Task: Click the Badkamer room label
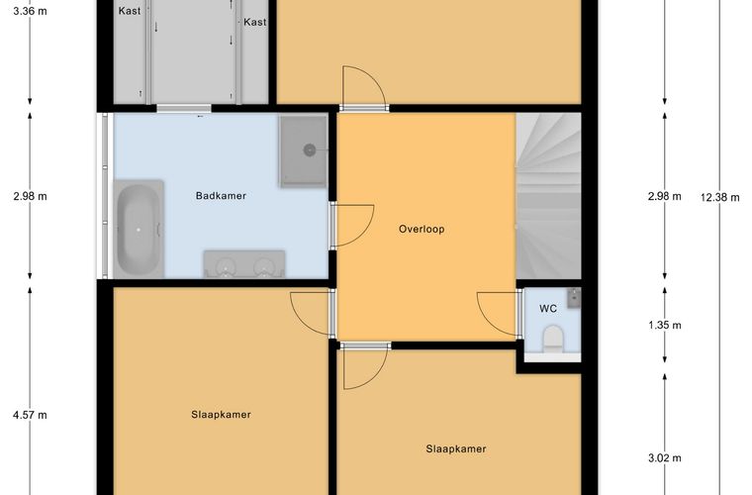(221, 196)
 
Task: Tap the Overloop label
(423, 230)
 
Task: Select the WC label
(548, 309)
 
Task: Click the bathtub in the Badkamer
(139, 230)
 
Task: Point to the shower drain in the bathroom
(310, 150)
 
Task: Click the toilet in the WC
(552, 339)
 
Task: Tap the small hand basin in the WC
(574, 297)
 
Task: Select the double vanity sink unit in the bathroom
(244, 264)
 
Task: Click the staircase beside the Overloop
(548, 196)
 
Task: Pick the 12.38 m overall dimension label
(720, 197)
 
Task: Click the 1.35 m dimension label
(665, 325)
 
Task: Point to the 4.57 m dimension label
(30, 415)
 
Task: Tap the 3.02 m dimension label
(665, 458)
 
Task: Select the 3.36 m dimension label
(30, 11)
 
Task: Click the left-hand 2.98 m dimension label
(30, 196)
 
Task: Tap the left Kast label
(130, 11)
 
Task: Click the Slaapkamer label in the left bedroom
(221, 415)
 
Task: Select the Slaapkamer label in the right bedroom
(456, 448)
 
